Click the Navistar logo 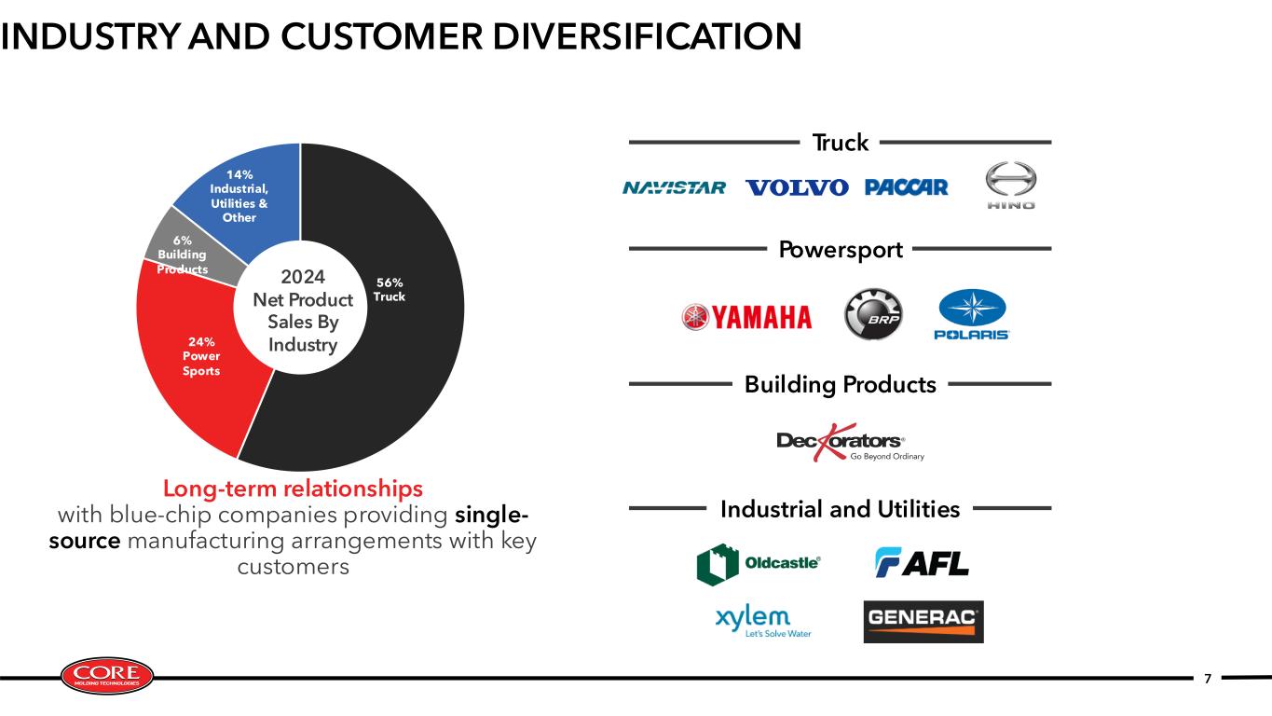coord(674,187)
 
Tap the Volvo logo coord(797,187)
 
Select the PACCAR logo coord(907,187)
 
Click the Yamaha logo coord(746,317)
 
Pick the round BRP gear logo coord(873,313)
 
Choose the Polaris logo coord(972,314)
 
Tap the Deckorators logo coord(850,442)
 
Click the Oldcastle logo coord(759,564)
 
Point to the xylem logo coord(763,621)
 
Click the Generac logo coord(923,622)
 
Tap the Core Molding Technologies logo coord(107,676)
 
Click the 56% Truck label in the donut coord(390,289)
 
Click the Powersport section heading coord(841,250)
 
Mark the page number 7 coord(1208,679)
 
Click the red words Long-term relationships coord(293,489)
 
